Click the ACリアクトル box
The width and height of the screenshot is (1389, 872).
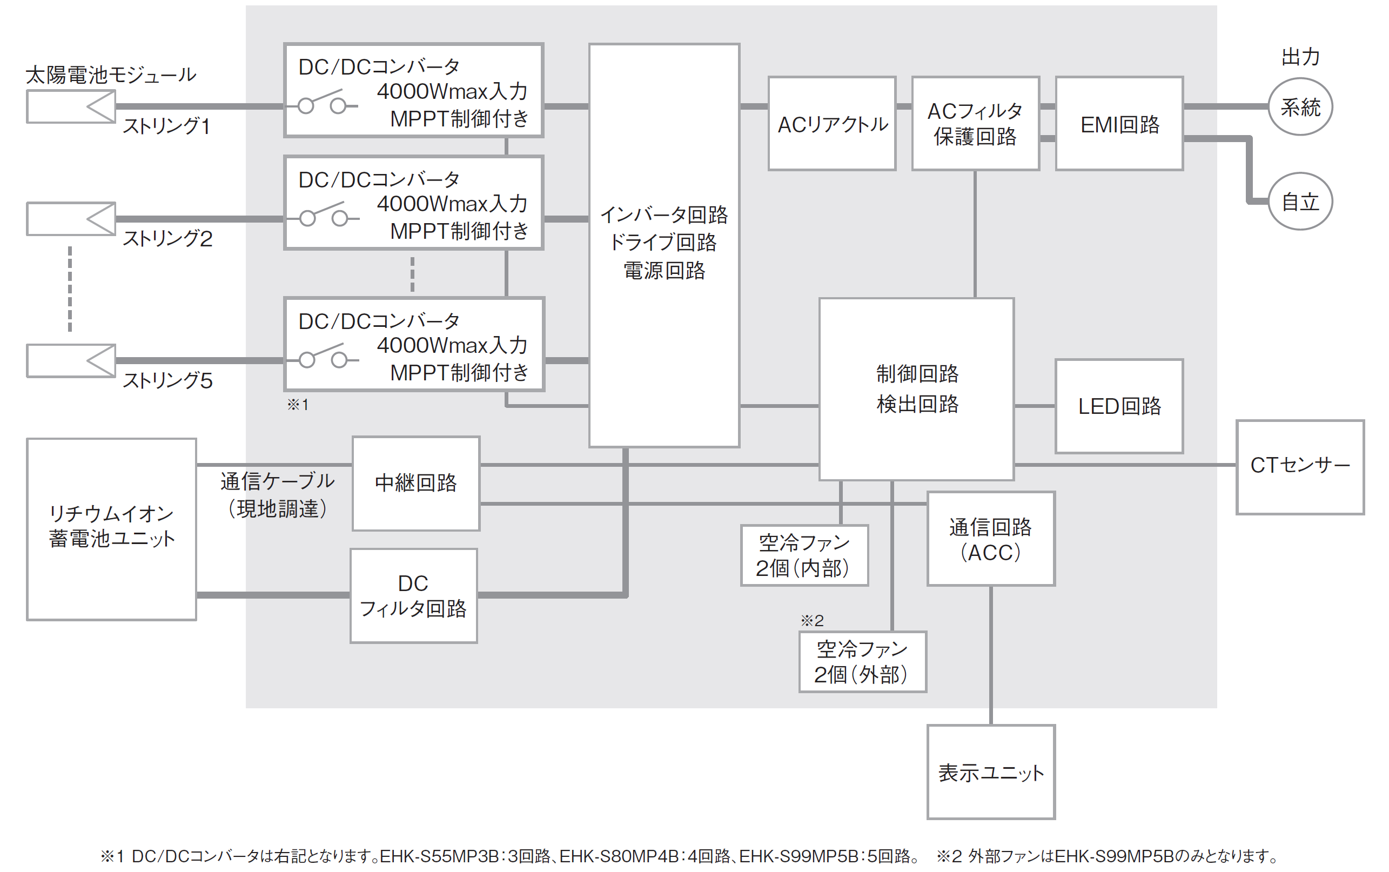point(831,123)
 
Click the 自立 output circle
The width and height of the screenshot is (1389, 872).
point(1300,202)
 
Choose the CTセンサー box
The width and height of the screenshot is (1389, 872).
point(1300,467)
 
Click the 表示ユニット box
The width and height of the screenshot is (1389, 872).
point(991,772)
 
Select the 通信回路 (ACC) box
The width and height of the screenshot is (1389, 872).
point(991,539)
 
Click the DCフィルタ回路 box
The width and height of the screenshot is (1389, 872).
point(413,595)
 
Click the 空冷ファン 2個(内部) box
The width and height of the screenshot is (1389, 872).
point(804,555)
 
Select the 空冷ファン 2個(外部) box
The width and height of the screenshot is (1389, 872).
point(862,661)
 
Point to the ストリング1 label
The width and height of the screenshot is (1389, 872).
point(166,126)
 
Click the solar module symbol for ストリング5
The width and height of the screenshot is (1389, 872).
point(71,361)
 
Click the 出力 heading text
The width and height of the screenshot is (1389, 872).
point(1300,57)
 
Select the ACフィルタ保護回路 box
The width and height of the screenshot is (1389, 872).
point(975,123)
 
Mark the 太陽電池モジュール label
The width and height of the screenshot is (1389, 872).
point(111,75)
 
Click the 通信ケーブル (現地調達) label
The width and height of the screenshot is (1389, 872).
point(277,495)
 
